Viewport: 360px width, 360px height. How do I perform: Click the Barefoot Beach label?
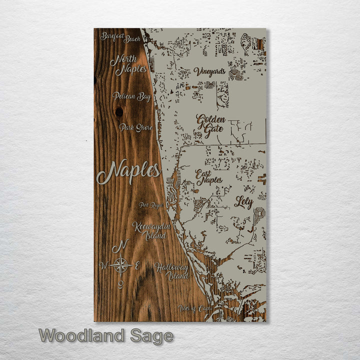pos(120,37)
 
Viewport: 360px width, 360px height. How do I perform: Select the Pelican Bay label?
pos(131,96)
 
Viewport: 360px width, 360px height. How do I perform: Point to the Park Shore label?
pos(135,128)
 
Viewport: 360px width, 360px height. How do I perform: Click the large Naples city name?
pos(128,172)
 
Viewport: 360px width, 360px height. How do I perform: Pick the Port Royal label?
pos(151,205)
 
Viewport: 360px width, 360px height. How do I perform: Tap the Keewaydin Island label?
pos(151,230)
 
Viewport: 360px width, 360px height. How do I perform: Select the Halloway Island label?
pos(171,271)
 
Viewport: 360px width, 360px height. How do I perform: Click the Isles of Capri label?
pos(195,308)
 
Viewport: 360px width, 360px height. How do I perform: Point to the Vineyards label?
pos(209,71)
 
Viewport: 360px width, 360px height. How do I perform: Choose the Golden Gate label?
pos(210,126)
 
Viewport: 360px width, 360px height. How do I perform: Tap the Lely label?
pos(243,202)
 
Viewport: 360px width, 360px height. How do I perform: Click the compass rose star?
pos(121,265)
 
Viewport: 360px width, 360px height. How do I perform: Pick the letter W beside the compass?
pos(103,265)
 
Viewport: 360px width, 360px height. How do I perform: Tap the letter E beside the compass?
pos(137,265)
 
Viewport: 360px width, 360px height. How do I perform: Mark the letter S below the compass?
pos(120,284)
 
